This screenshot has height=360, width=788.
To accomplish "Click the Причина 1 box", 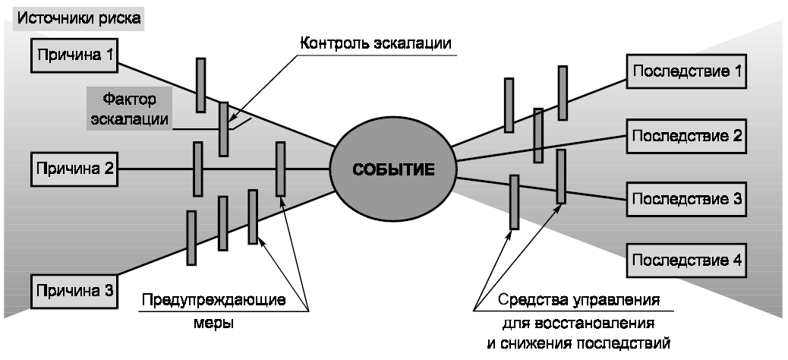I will [73, 55].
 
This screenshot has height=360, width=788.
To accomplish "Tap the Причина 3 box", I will [73, 290].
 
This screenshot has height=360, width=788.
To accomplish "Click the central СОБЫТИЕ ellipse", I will [393, 169].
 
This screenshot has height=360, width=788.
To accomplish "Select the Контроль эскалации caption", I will [376, 43].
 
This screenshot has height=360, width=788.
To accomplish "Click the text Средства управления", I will [578, 298].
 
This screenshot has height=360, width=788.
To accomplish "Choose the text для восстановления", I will [578, 321].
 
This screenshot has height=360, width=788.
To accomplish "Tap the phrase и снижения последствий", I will [578, 343].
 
